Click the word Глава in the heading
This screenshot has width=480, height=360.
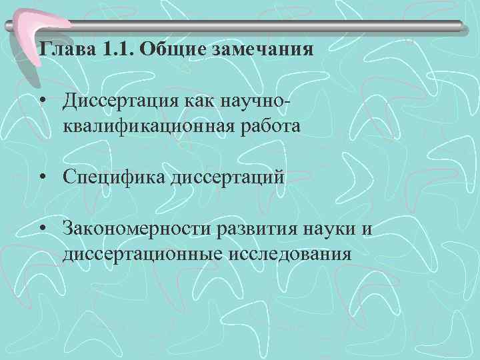[61, 51]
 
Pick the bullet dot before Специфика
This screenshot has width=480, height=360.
[43, 178]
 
